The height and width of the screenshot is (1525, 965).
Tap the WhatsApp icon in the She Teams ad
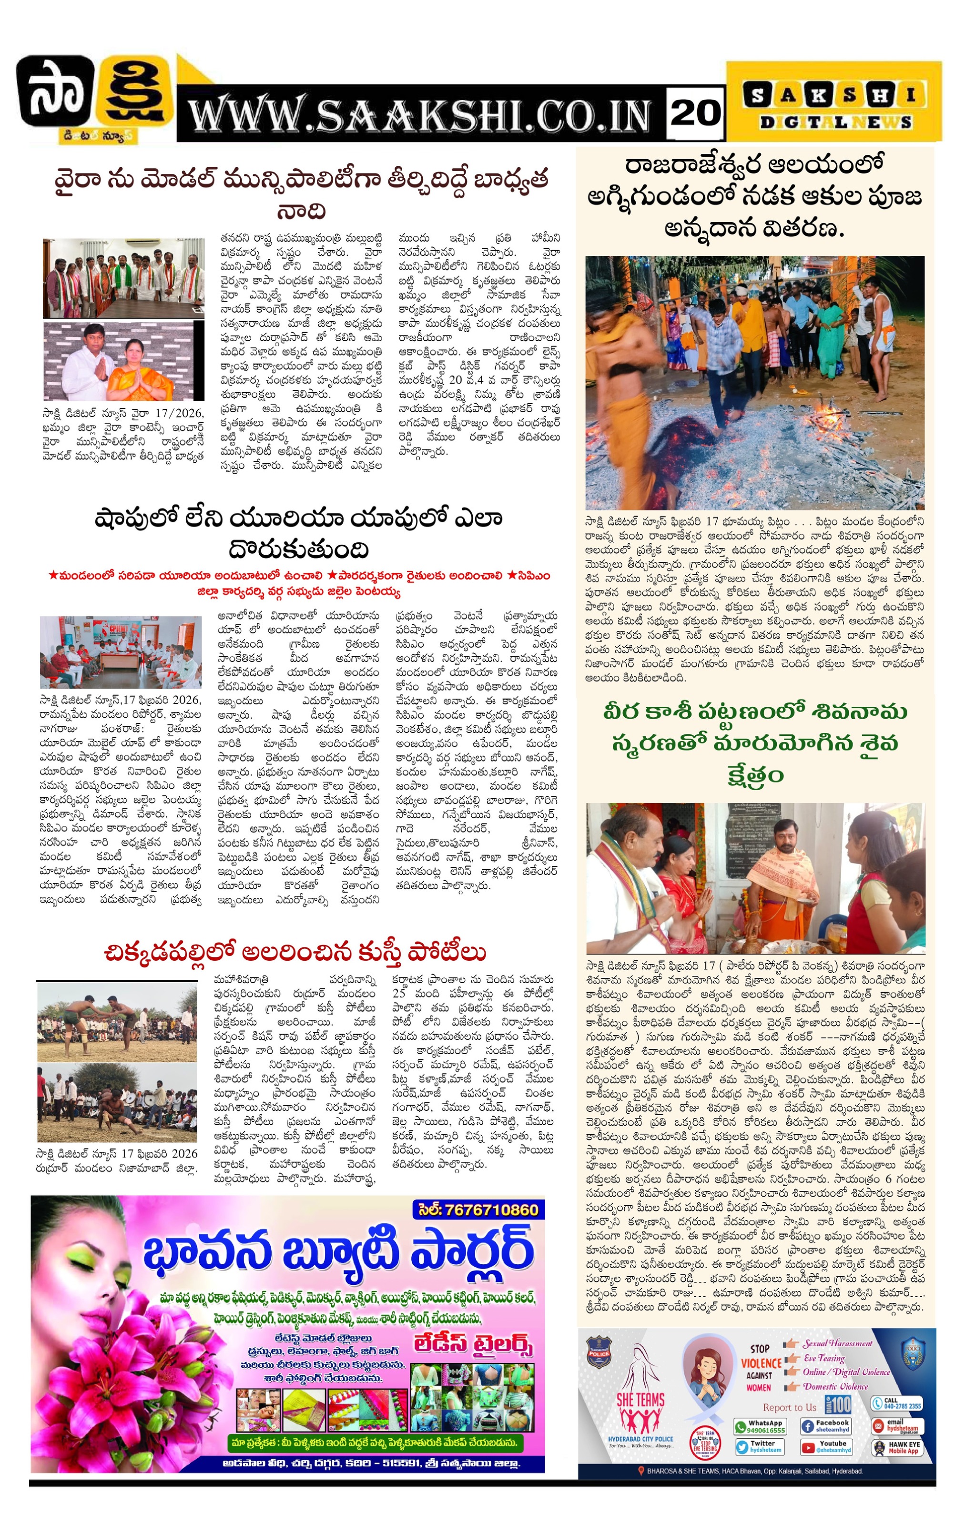741,1427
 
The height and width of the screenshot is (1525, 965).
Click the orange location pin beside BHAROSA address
642,1471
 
